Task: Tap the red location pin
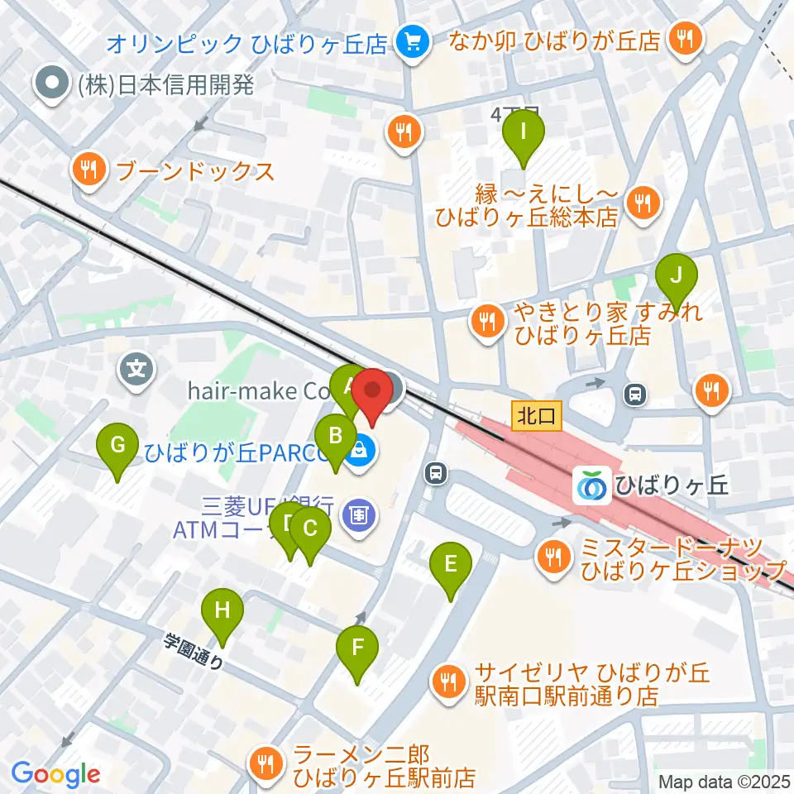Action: point(372,396)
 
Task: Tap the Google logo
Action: point(56,774)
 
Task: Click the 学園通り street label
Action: point(193,651)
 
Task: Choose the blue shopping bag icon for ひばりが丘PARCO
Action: point(361,452)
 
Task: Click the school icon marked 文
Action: point(136,368)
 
